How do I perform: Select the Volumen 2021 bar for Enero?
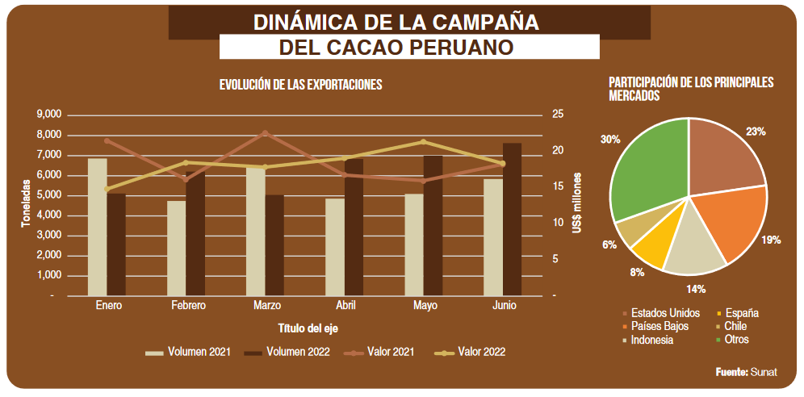tap(97, 227)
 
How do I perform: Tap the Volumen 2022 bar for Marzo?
tap(274, 245)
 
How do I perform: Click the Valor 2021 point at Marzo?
tap(266, 132)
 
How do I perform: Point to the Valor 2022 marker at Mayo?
tap(424, 142)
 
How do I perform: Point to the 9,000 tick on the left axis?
tap(49, 115)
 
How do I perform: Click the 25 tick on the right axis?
tap(558, 115)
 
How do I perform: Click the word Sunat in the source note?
tap(764, 373)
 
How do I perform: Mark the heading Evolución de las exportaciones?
tap(300, 85)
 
